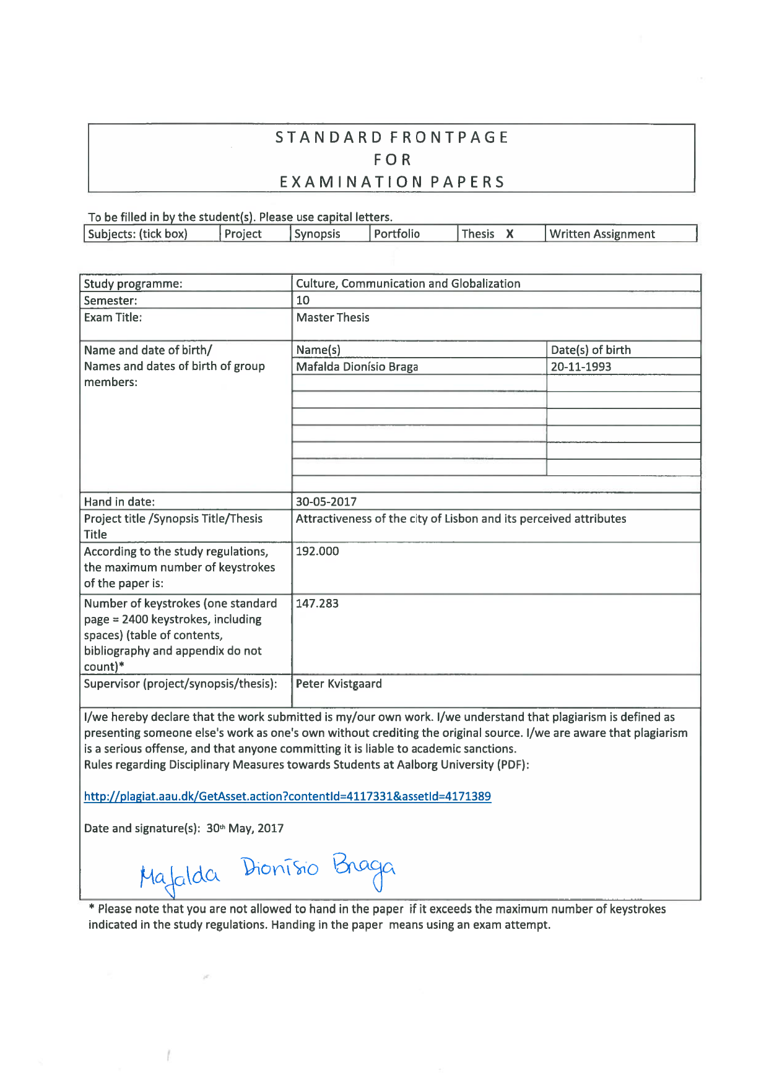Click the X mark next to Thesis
point(510,234)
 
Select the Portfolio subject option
point(396,234)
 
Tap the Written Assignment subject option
point(602,234)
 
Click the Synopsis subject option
point(317,234)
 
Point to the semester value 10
point(303,301)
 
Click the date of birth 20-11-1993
point(581,367)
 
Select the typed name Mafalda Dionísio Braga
point(357,367)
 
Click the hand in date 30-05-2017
point(326,502)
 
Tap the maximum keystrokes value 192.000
point(317,551)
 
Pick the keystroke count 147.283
point(317,603)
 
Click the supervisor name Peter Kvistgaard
point(339,684)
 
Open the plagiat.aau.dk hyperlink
point(287,796)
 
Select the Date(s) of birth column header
point(591,350)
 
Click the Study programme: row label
point(133,284)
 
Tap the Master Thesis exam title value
point(332,317)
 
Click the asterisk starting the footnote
point(92,908)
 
